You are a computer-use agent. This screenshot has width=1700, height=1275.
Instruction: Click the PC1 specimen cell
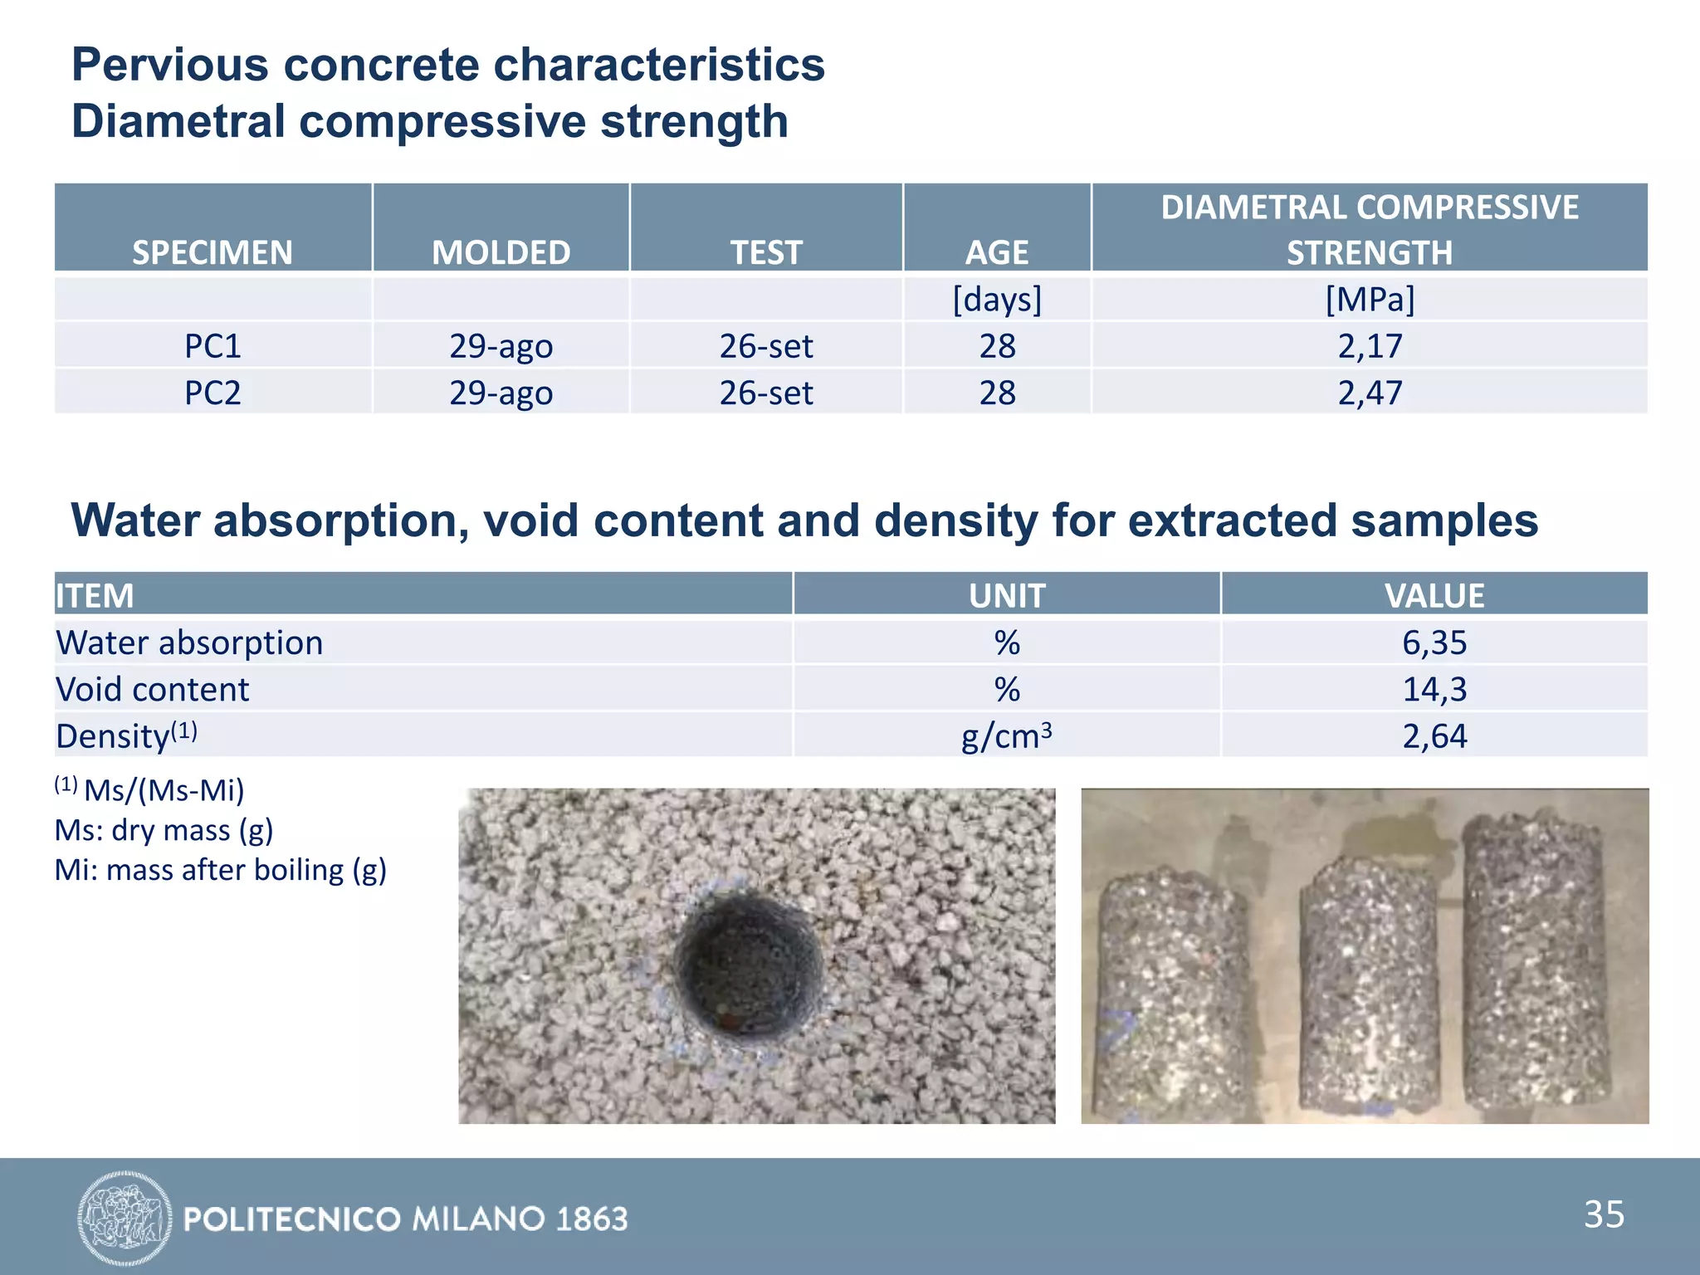tap(212, 346)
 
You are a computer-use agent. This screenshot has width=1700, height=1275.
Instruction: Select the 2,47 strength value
tap(1370, 393)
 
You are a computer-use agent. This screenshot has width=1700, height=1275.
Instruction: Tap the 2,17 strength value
tap(1370, 346)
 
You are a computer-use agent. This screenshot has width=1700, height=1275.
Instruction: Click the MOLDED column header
tap(501, 252)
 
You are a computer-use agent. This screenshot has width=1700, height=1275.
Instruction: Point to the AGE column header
tap(997, 252)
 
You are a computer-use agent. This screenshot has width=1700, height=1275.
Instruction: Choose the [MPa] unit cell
tap(1370, 299)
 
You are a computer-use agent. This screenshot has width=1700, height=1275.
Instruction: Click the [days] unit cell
tap(997, 299)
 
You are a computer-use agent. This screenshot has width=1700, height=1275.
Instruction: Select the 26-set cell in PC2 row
tap(765, 393)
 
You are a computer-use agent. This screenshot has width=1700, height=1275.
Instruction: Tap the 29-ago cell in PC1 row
tap(501, 346)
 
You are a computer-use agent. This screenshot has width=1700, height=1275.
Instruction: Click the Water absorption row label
tap(189, 642)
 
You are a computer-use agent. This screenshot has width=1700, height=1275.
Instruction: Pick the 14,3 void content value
tap(1434, 689)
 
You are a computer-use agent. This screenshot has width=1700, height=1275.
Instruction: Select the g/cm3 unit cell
tap(1006, 736)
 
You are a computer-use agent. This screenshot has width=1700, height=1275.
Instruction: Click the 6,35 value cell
tap(1434, 642)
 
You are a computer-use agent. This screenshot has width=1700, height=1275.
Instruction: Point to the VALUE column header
tap(1434, 595)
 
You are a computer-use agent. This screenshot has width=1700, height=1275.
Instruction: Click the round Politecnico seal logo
tap(125, 1218)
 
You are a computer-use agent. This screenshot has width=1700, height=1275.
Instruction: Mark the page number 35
tap(1604, 1214)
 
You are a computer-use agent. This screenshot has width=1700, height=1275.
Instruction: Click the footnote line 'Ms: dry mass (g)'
tap(164, 830)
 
